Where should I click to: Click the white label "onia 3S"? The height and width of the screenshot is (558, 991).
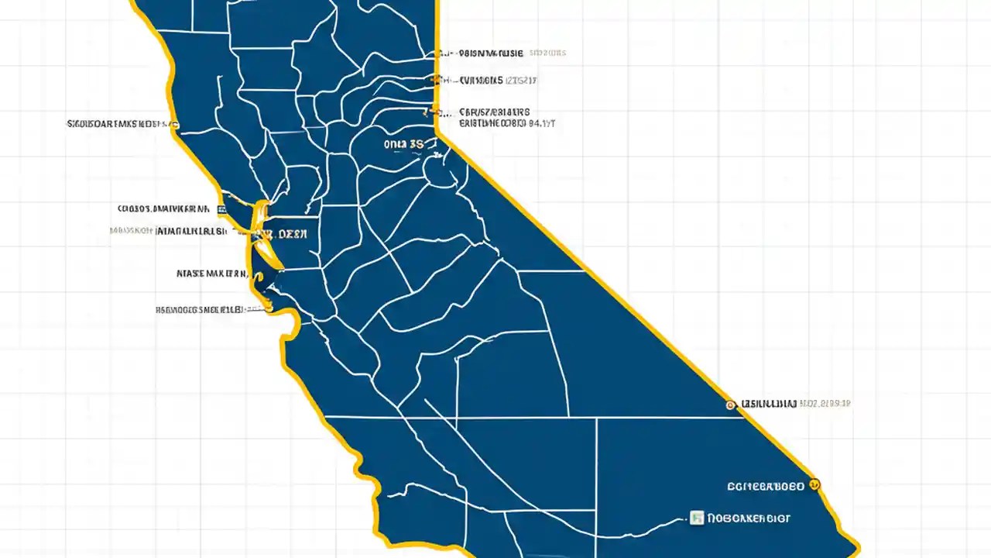403,144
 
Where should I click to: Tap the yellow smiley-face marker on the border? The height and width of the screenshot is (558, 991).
814,485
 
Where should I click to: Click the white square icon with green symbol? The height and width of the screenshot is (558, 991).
696,518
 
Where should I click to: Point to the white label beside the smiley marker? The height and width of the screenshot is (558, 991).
766,487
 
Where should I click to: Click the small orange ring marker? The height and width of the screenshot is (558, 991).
729,405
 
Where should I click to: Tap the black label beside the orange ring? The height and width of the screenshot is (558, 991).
768,404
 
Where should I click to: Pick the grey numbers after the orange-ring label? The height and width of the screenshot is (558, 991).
825,404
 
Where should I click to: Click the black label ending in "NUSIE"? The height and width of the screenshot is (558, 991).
491,53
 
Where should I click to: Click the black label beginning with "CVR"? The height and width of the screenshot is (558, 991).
481,80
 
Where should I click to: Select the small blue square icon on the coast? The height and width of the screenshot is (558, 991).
222,209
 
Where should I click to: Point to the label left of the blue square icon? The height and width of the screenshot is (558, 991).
163,208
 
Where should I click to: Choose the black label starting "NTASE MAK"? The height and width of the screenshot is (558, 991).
211,274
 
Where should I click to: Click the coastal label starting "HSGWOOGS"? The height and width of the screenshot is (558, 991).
200,309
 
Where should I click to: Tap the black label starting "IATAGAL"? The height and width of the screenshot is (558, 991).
191,231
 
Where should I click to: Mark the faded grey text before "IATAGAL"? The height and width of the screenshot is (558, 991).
131,231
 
